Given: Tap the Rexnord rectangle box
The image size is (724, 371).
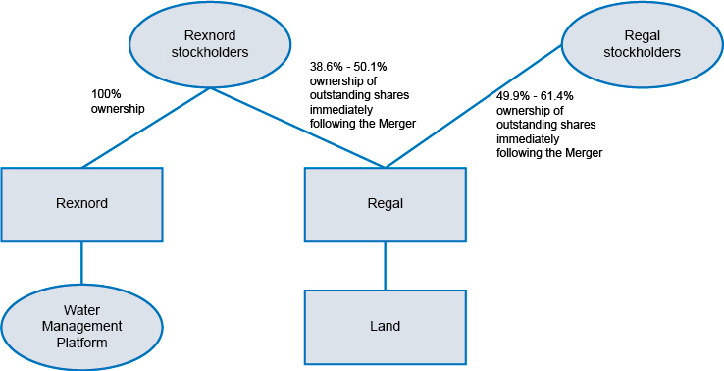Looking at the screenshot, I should coord(81,204).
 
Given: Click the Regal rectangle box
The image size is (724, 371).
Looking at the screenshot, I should coord(385,204).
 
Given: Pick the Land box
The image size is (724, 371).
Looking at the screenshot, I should coord(385,326).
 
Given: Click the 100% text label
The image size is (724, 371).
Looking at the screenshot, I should coord(106,95).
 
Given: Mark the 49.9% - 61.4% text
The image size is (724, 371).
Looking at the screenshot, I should coord(535,96).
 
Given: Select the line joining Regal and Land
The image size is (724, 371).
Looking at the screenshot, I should coord(385,265).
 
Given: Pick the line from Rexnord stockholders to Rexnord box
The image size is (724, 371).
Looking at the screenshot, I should coord(147,127).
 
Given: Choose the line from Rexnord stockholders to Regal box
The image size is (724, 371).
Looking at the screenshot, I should coord(294,127).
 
